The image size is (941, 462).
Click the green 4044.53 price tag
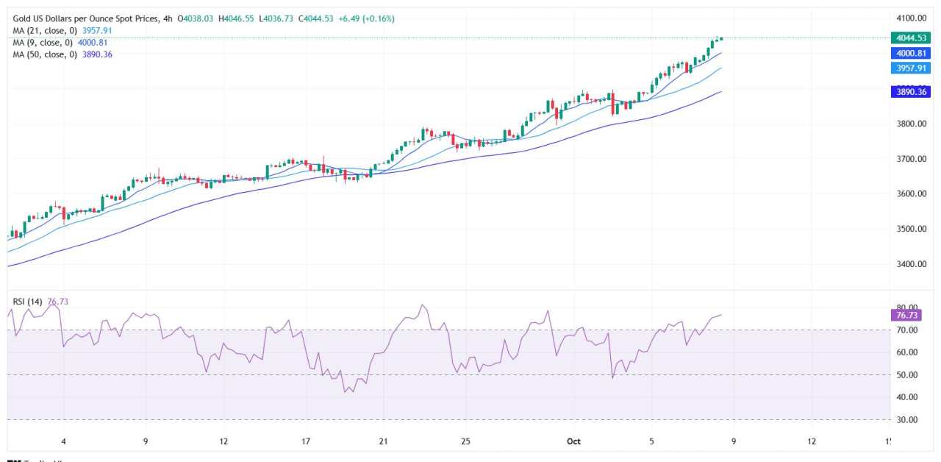[x=909, y=38]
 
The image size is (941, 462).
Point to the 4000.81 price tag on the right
[x=909, y=53]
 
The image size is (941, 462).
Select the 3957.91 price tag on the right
[x=909, y=68]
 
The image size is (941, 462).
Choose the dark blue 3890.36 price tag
[x=909, y=92]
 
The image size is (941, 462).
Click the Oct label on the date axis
[x=573, y=441]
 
